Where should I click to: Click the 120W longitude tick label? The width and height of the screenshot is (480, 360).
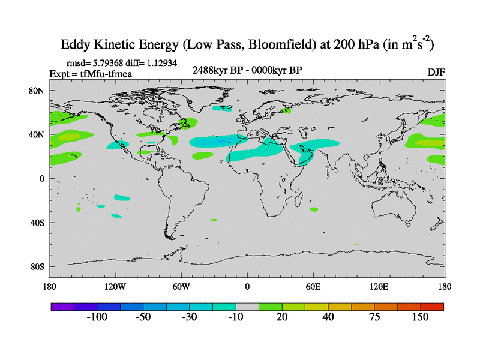[x=115, y=286]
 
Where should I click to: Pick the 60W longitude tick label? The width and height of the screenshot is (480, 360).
[x=181, y=286]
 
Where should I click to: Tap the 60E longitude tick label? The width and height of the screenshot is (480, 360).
[x=313, y=286]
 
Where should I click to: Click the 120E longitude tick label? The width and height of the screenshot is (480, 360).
[x=379, y=286]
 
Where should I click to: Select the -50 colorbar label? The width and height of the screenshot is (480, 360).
[x=143, y=317]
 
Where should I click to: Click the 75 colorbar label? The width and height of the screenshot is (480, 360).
[x=374, y=317]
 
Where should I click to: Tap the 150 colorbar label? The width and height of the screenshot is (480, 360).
[x=420, y=317]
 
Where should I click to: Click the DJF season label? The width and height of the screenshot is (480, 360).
[x=436, y=72]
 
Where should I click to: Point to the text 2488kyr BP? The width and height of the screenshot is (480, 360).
[x=218, y=70]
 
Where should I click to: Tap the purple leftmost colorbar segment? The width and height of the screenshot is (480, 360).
[x=62, y=306]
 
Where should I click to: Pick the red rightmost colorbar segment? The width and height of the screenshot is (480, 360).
[x=432, y=306]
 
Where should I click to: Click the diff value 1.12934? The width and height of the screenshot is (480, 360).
[x=160, y=62]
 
